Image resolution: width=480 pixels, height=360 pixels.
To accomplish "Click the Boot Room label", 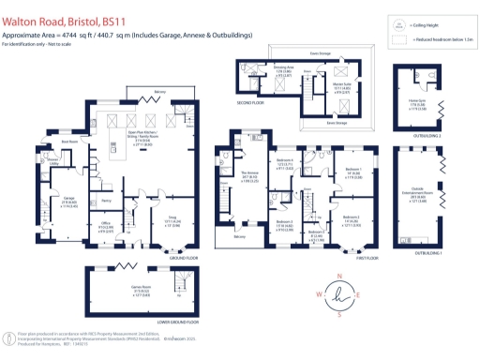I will pyautogui.click(x=43, y=142).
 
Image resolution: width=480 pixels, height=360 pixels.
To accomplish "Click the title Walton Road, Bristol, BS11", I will pyautogui.click(x=58, y=12).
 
